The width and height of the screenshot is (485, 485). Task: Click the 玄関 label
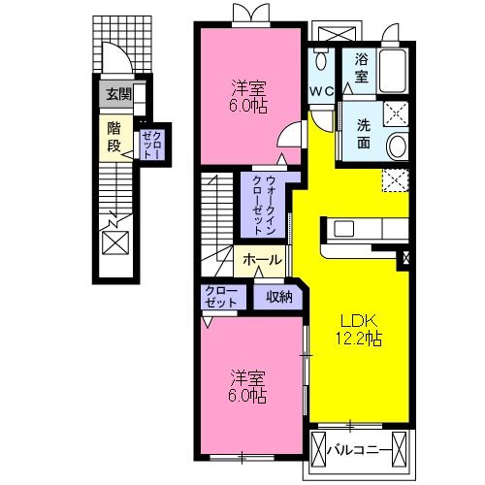click(x=119, y=95)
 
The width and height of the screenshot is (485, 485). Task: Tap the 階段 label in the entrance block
click(x=114, y=137)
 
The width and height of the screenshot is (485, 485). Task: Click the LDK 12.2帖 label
click(x=358, y=330)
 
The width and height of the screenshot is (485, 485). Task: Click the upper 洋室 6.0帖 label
click(x=248, y=94)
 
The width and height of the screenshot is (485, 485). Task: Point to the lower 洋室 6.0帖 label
click(x=248, y=385)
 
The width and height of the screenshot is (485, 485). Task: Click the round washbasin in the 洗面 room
click(x=398, y=146)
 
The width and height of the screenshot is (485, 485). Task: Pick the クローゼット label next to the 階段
click(x=152, y=145)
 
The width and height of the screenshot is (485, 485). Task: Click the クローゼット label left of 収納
click(x=220, y=298)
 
